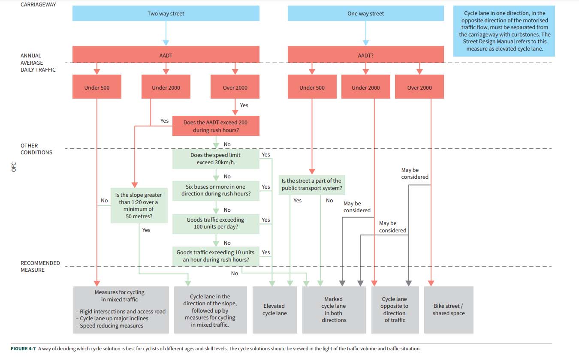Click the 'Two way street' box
click(166, 13)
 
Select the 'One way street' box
click(365, 13)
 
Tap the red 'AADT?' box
click(365, 55)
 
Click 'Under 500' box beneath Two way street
click(97, 87)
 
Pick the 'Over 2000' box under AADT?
click(419, 87)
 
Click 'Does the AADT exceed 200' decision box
click(215, 126)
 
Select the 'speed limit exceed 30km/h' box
click(215, 159)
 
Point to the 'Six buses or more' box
click(215, 190)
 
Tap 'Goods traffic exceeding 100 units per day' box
click(215, 223)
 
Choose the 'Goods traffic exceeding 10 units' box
click(215, 256)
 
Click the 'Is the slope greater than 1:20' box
click(139, 205)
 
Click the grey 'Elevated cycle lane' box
click(274, 310)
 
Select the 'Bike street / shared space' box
click(448, 310)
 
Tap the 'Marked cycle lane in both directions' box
click(334, 310)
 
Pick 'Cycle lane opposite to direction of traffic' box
click(395, 310)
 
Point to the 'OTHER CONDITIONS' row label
click(36, 149)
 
